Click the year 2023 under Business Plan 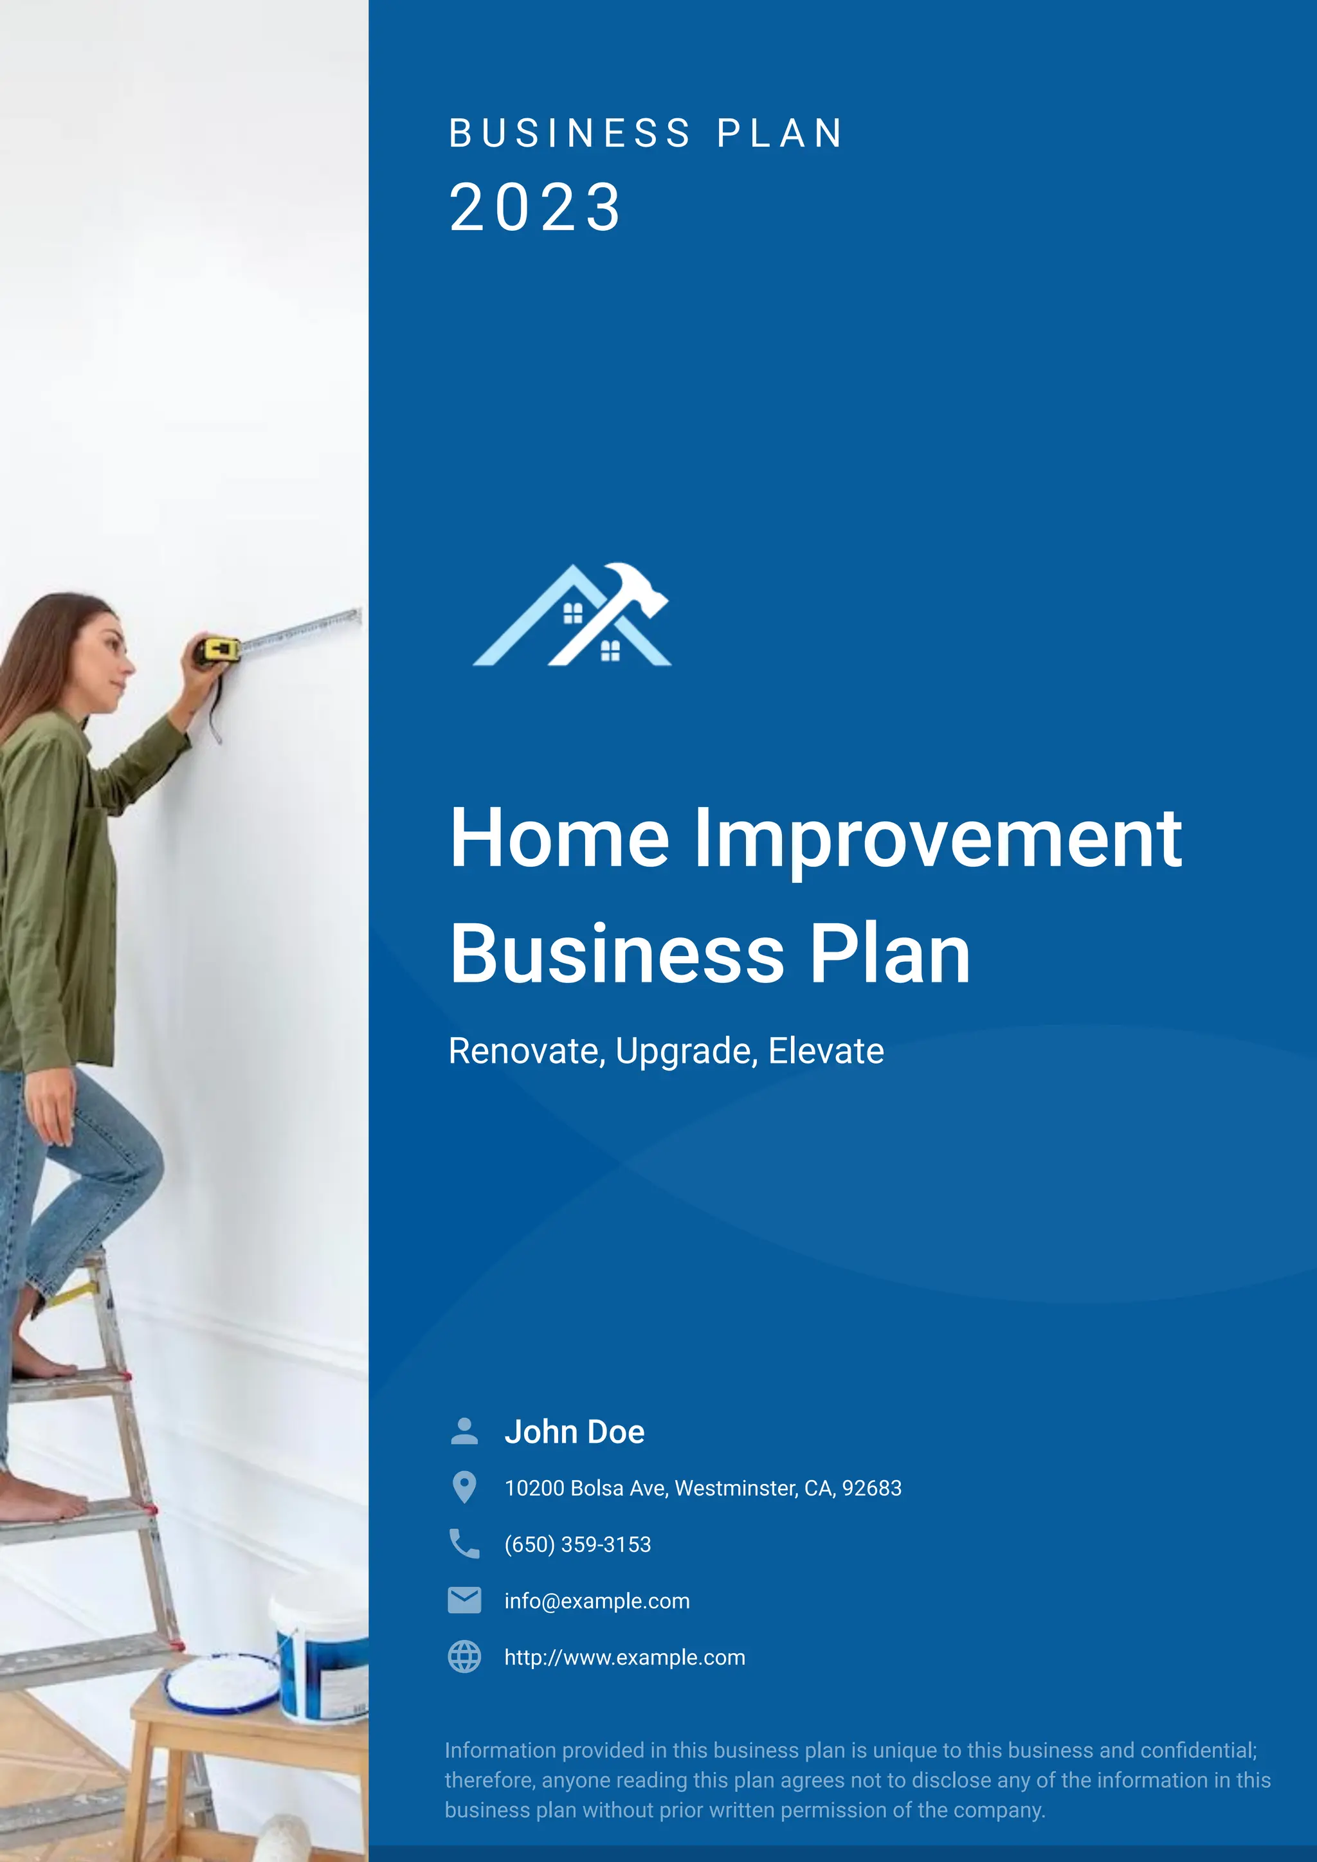click(x=535, y=208)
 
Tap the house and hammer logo click(x=572, y=615)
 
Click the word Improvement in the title click(x=938, y=840)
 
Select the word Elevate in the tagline click(x=826, y=1052)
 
